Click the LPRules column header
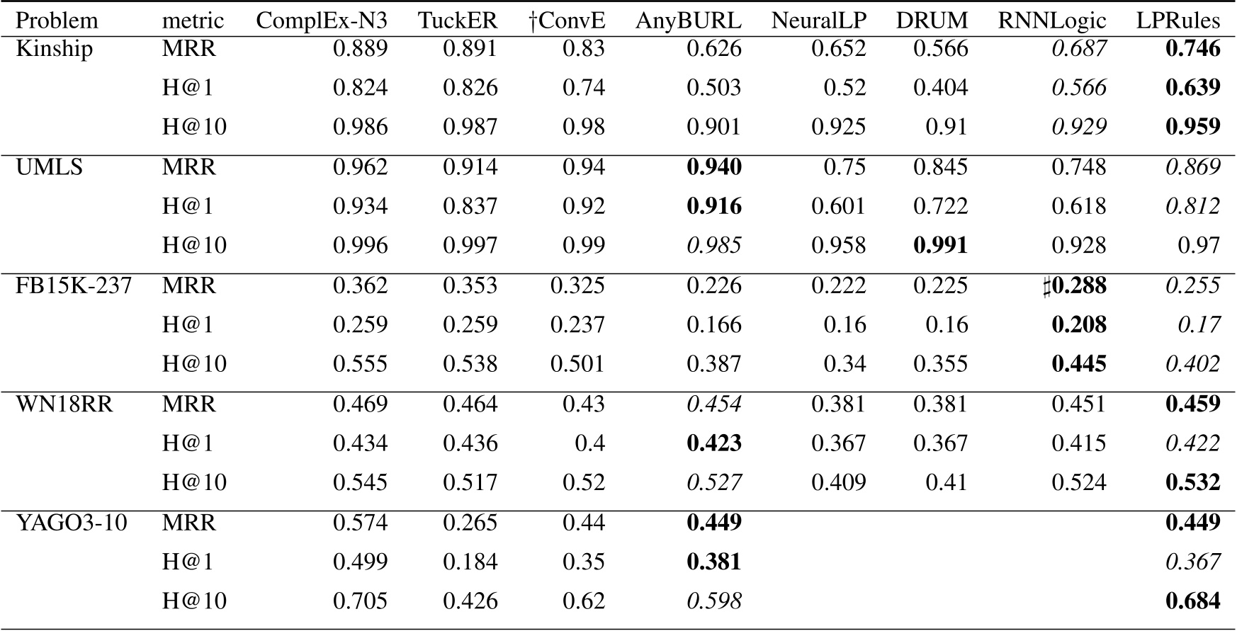[1178, 21]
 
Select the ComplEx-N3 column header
[322, 21]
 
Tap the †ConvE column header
[567, 21]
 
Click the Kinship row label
[54, 49]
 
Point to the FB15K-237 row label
[74, 285]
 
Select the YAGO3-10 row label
[71, 523]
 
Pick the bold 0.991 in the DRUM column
[940, 246]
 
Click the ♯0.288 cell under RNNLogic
[1074, 285]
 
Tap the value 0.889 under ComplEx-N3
[361, 49]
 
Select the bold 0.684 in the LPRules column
[1193, 601]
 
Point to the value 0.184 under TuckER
[470, 562]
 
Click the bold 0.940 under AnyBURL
[714, 167]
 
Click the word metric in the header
[193, 21]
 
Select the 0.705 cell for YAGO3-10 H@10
[361, 601]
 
